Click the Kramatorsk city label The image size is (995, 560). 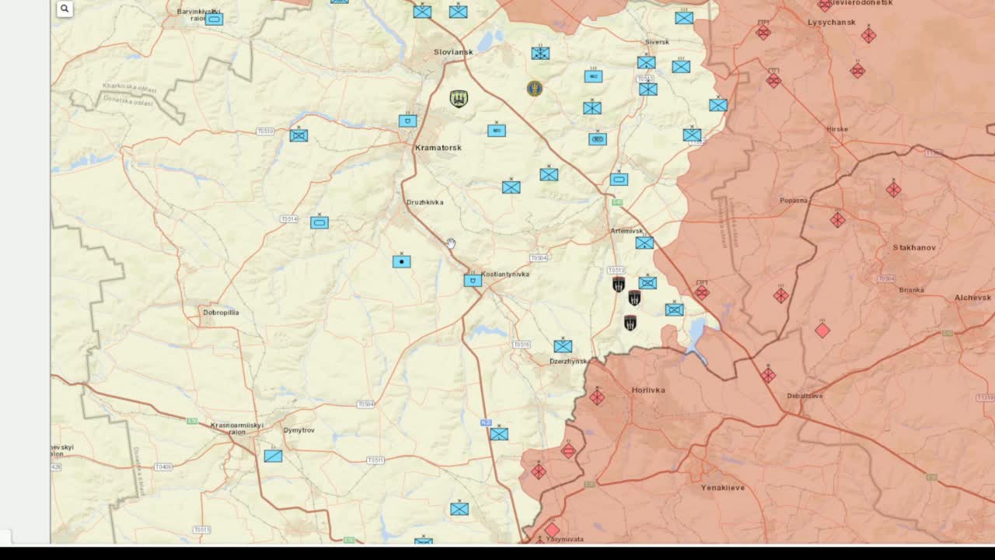438,148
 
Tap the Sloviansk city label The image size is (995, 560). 453,52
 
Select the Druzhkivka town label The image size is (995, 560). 424,202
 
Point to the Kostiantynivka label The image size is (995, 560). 504,275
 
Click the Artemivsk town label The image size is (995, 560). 626,231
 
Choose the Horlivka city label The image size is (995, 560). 648,390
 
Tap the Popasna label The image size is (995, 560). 794,201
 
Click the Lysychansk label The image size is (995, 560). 831,23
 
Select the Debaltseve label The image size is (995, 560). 805,396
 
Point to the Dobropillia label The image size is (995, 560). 221,313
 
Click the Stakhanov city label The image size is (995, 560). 914,248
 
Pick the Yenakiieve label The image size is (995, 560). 722,488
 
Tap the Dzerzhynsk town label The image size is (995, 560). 568,362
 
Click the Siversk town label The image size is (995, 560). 657,42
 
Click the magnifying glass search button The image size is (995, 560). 65,9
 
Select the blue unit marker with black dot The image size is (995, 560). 401,261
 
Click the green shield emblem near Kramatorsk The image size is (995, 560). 459,99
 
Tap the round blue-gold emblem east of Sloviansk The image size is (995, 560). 534,89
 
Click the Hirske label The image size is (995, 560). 837,129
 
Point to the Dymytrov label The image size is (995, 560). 298,430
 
